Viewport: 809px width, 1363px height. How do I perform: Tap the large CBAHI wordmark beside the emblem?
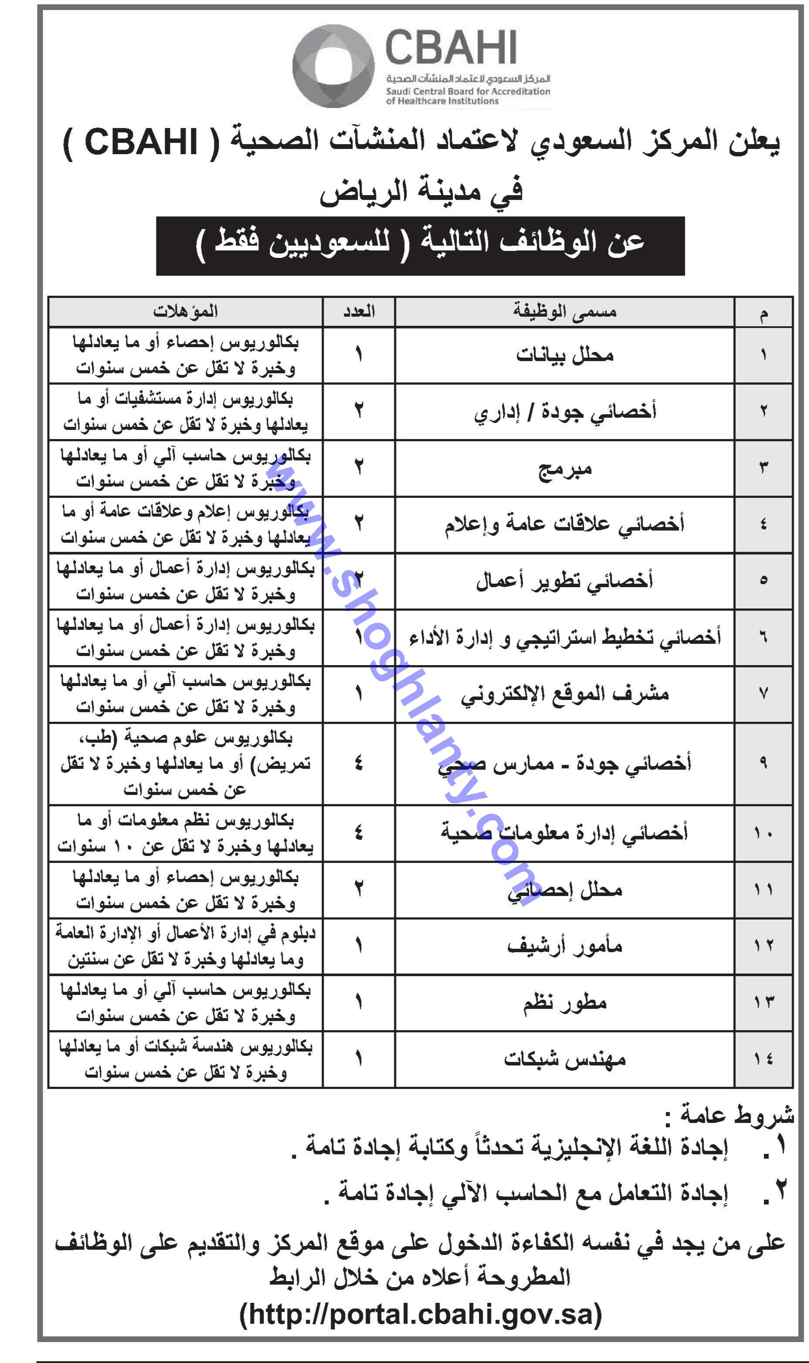[x=451, y=48]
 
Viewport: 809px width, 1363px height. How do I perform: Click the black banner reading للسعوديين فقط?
[x=420, y=245]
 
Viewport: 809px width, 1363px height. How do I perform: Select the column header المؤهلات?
[x=185, y=312]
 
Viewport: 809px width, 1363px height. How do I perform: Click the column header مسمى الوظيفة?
[x=564, y=312]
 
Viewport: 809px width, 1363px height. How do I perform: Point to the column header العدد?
[x=359, y=312]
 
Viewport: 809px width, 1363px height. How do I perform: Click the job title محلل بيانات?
[x=564, y=355]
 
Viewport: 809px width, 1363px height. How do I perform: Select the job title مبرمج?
[x=564, y=468]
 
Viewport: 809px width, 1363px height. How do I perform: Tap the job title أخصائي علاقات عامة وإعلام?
[x=564, y=524]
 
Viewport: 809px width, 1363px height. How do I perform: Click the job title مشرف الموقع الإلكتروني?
[x=564, y=694]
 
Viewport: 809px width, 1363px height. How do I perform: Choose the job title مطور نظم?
[x=564, y=1002]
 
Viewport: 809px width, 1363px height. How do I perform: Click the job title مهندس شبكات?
[x=564, y=1059]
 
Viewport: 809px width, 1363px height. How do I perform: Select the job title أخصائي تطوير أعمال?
[x=564, y=581]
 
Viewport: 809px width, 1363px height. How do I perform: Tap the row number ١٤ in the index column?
[x=763, y=1059]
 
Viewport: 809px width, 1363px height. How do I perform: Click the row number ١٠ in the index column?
[x=763, y=833]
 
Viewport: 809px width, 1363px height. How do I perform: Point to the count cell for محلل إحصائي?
[x=359, y=890]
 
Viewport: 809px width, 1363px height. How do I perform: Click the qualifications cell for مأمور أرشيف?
[x=185, y=946]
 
